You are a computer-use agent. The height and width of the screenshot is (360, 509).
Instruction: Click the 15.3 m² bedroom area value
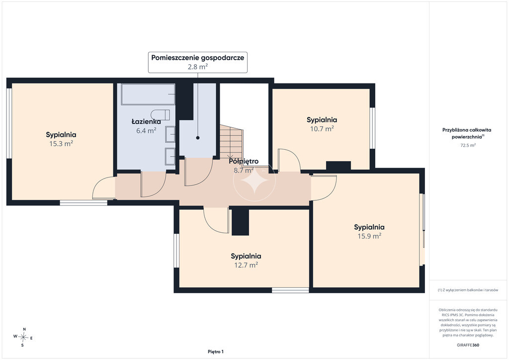[61, 144]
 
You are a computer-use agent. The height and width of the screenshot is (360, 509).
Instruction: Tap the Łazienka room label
[146, 122]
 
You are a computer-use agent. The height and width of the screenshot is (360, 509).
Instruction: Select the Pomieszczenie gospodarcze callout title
[198, 58]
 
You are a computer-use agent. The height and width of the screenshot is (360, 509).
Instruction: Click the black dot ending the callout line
[198, 138]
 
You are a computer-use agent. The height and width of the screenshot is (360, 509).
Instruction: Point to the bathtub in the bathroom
[148, 94]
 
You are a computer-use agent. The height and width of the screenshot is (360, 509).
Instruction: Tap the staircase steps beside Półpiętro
[231, 142]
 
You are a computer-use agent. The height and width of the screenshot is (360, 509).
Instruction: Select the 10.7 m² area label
[322, 129]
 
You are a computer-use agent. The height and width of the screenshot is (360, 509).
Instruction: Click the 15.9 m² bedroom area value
[369, 236]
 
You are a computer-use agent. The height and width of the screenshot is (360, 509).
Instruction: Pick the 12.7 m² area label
[246, 265]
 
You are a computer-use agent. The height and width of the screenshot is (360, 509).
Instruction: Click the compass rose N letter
[24, 329]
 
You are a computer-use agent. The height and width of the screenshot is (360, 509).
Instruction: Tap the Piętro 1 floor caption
[216, 352]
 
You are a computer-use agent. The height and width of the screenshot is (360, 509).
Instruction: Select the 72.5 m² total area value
[468, 145]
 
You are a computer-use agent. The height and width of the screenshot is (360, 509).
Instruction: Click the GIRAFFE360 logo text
[468, 345]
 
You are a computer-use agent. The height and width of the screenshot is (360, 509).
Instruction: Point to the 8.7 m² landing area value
[244, 170]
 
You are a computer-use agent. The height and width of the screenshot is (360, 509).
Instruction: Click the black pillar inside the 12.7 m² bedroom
[240, 222]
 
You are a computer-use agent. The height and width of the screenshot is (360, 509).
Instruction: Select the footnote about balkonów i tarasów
[468, 290]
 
